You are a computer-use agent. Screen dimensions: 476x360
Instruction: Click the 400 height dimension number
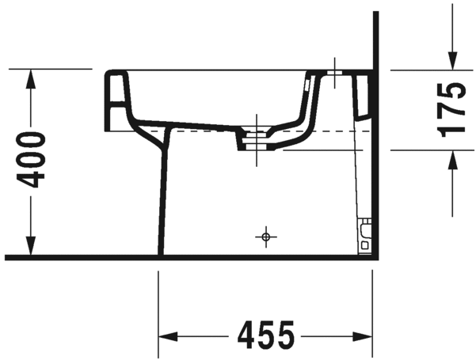[x=31, y=160]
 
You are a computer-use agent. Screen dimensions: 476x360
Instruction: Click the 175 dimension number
[x=451, y=109]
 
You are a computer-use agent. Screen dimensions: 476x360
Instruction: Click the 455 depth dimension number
[x=265, y=335]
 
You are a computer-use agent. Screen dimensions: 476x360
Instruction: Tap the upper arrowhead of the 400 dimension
[x=30, y=79]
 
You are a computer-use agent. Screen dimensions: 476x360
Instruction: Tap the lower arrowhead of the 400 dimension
[x=30, y=246]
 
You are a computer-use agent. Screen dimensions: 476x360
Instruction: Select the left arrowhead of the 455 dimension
[x=168, y=336]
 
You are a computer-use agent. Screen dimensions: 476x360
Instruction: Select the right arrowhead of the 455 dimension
[x=363, y=336]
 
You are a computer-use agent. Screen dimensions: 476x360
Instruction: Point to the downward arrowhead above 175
[x=452, y=61]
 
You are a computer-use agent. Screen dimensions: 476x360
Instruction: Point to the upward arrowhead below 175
[x=452, y=160]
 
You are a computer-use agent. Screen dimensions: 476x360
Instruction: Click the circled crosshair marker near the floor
[x=266, y=237]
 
